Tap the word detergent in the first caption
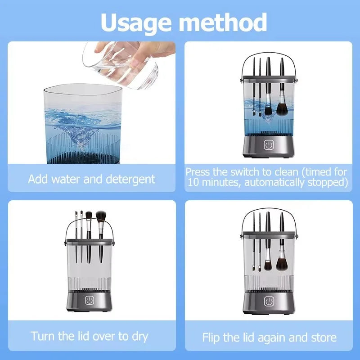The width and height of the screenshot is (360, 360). click(130, 179)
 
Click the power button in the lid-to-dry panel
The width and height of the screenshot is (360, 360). click(89, 301)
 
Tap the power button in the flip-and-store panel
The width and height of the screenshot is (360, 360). click(269, 301)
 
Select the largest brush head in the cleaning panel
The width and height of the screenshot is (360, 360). click(283, 108)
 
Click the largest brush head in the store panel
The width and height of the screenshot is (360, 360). click(283, 263)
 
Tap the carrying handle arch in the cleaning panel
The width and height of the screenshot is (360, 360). click(269, 61)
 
